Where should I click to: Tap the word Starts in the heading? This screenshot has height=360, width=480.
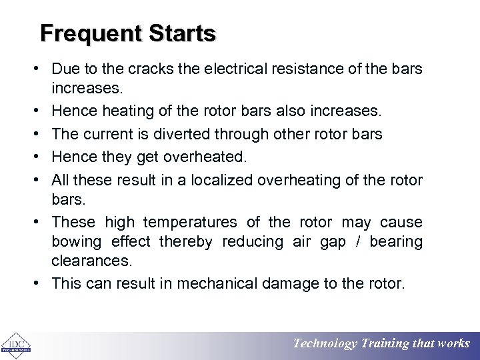(x=182, y=33)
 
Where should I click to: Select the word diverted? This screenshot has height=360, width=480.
(x=181, y=133)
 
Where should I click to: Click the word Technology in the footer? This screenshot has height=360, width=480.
(x=325, y=344)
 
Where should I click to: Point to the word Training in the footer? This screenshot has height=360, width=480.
(x=385, y=344)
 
